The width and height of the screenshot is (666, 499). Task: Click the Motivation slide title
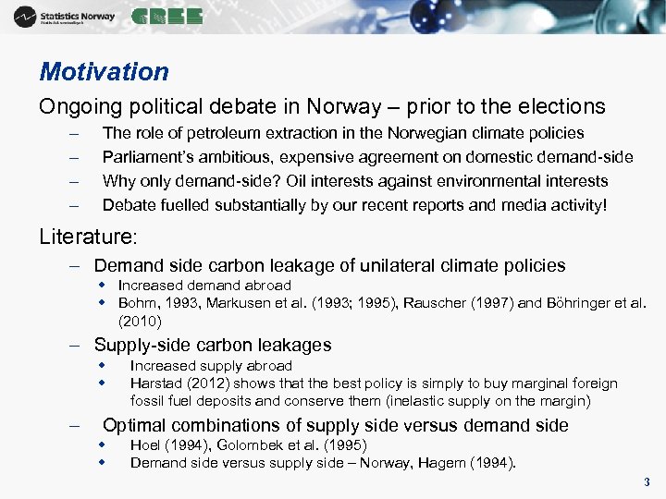(104, 72)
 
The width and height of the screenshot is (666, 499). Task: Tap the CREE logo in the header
(166, 16)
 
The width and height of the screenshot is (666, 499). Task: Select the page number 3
(647, 482)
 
